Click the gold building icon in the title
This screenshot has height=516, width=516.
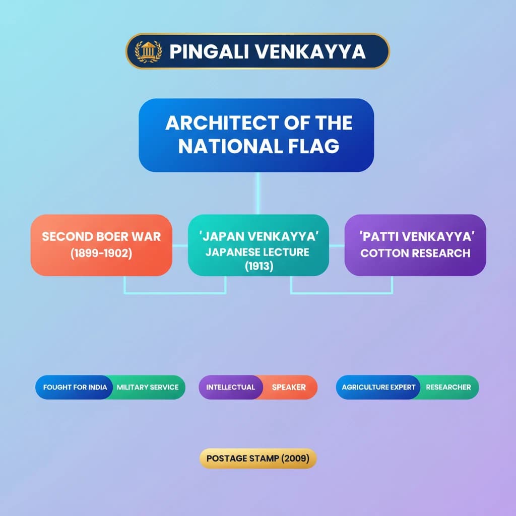149,51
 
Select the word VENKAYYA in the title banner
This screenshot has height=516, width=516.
307,51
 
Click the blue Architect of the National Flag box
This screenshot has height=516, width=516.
256,135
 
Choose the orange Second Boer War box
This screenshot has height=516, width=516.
101,245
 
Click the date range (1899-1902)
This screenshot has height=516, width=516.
101,253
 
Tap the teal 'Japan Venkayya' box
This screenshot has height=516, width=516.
258,245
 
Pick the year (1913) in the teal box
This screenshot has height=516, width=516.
259,267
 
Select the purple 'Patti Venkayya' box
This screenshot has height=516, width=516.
415,245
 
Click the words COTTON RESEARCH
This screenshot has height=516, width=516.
415,253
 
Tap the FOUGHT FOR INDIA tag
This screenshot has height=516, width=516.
75,388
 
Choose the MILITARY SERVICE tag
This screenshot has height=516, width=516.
148,388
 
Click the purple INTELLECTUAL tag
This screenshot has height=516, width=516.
230,388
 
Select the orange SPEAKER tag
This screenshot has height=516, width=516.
289,388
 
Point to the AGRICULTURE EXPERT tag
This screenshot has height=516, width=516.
378,388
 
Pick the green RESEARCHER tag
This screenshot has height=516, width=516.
448,388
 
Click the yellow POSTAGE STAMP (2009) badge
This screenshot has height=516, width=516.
258,459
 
